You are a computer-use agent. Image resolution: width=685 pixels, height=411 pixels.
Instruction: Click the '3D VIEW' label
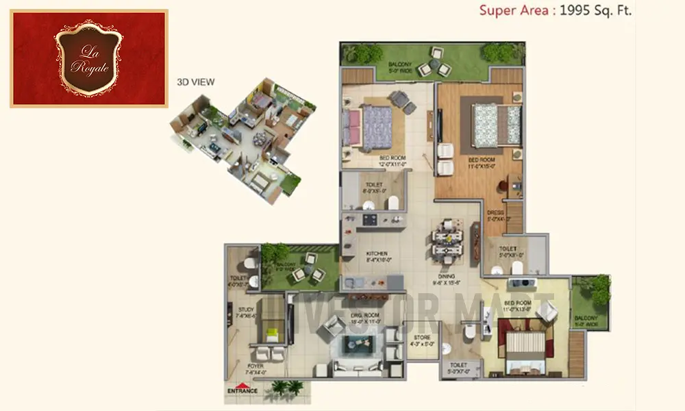[x=196, y=82]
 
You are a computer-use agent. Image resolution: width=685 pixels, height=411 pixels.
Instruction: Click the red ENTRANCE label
[x=242, y=391]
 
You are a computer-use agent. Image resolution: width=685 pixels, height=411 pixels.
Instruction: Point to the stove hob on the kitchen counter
[x=370, y=219]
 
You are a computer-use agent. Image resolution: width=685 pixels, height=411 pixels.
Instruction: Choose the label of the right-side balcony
[x=587, y=321]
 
